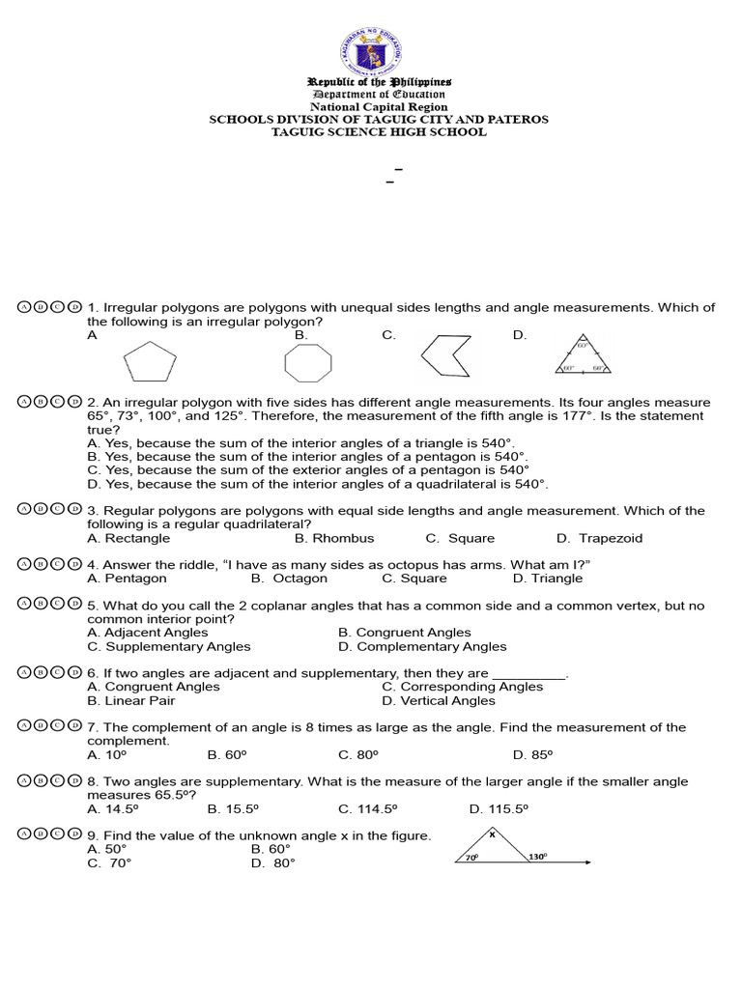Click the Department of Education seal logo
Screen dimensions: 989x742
click(371, 51)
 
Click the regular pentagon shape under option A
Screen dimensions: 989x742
click(150, 363)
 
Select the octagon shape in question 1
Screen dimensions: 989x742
click(308, 363)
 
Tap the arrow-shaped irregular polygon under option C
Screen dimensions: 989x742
click(446, 356)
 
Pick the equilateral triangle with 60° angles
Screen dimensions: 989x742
click(584, 355)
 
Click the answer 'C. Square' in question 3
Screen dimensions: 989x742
click(460, 538)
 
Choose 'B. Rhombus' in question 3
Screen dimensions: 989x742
click(334, 538)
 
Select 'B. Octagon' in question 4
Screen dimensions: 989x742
click(289, 579)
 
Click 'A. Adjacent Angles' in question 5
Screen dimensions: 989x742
click(147, 633)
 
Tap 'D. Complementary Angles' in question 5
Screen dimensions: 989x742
click(422, 646)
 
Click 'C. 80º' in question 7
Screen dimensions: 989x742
click(358, 754)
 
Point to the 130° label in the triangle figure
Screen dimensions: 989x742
click(538, 856)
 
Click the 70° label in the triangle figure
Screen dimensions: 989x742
click(471, 856)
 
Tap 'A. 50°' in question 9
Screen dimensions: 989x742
click(107, 849)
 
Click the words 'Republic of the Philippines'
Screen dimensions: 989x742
click(379, 83)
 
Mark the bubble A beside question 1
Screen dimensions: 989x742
click(25, 307)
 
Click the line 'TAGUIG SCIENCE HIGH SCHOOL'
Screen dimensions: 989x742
click(379, 132)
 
